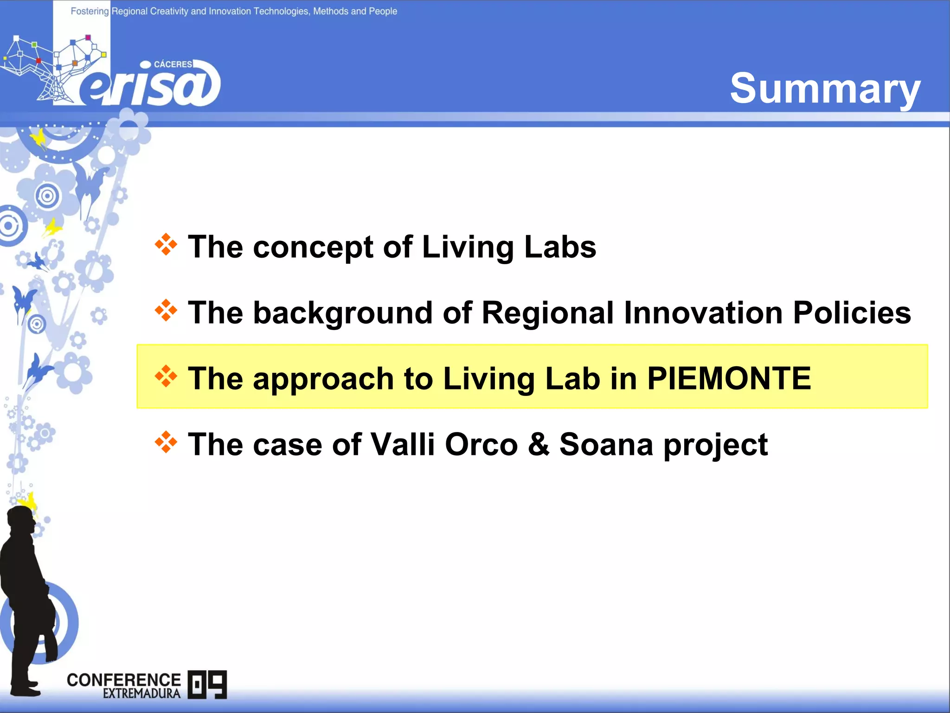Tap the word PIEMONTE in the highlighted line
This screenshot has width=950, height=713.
coord(729,378)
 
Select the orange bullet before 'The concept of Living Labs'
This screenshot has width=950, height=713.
coord(166,245)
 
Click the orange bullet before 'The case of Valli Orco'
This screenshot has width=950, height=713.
coord(166,442)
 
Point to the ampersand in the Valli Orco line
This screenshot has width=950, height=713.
coord(539,444)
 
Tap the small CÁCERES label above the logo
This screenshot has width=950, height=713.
coord(173,64)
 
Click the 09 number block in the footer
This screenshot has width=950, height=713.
coord(207,684)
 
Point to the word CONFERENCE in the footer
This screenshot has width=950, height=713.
coord(123,680)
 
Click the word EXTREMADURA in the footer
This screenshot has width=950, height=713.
coord(141,694)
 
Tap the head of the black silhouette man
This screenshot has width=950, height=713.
coord(22,521)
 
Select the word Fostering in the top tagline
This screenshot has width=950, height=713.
coord(90,11)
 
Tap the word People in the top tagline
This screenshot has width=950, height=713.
coord(383,11)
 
